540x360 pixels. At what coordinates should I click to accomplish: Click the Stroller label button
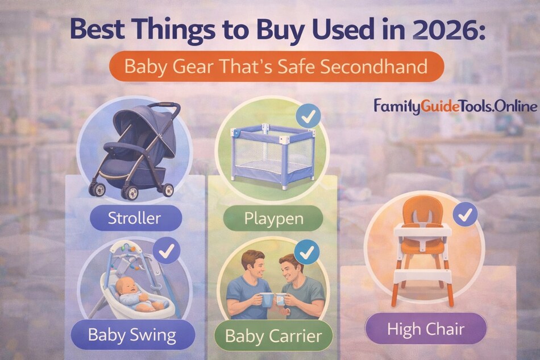(135, 218)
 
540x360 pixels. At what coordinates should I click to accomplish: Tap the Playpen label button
(272, 218)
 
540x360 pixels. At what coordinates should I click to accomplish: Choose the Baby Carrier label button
(272, 334)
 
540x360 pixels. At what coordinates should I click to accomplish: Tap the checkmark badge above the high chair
(464, 216)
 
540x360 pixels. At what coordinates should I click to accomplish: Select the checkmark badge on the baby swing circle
(168, 251)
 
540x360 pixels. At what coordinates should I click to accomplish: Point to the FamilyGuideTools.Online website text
(455, 106)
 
